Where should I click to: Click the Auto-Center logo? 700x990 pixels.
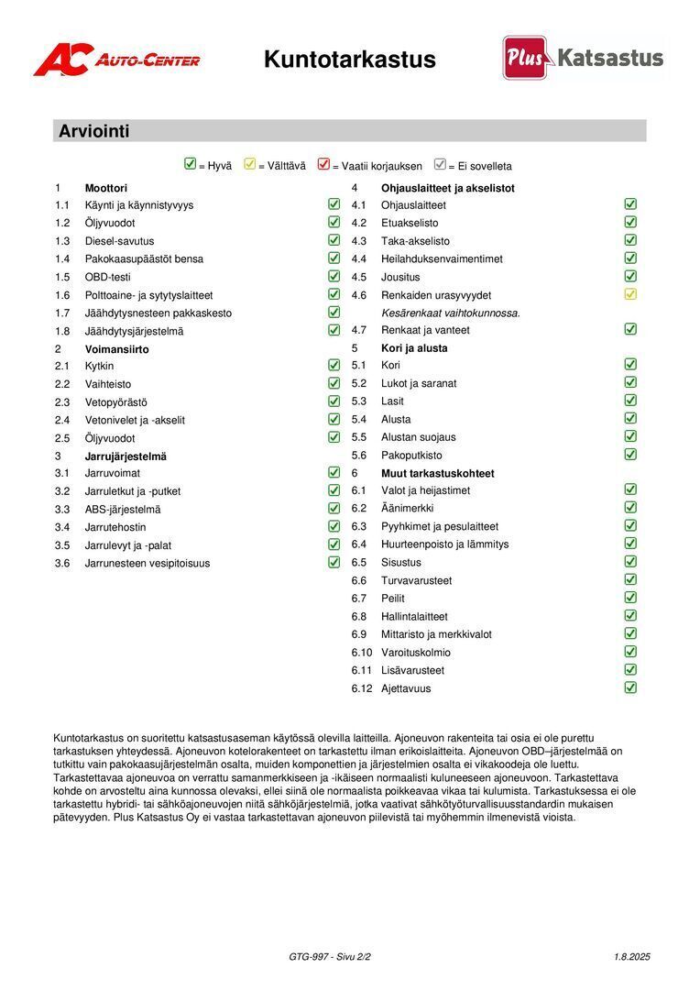tap(116, 60)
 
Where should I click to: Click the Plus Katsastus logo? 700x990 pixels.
tap(583, 58)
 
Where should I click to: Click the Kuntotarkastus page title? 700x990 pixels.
tap(349, 60)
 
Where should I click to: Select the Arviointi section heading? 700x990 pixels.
tap(94, 131)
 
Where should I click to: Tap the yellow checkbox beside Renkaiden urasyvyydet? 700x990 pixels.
tap(630, 294)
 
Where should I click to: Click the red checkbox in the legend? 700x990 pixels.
tap(323, 165)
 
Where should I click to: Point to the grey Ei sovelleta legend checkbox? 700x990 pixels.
tap(440, 165)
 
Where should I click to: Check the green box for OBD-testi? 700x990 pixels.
tap(334, 276)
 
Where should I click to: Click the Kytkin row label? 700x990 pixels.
tap(100, 366)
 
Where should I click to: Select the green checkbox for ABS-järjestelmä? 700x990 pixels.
tap(334, 509)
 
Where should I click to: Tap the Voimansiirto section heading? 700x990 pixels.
tap(117, 349)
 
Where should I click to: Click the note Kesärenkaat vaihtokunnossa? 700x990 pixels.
tap(451, 313)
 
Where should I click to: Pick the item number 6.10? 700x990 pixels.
tap(362, 653)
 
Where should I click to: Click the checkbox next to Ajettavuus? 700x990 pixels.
tap(630, 687)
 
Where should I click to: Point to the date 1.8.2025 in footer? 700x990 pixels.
tap(632, 957)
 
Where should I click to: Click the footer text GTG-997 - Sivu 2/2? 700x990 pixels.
tap(330, 957)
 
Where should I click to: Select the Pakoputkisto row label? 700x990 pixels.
tap(411, 455)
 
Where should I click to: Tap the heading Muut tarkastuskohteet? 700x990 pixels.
tap(438, 473)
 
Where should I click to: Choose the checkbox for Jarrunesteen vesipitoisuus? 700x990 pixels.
tap(334, 563)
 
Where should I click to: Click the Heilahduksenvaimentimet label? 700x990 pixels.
tap(442, 258)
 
